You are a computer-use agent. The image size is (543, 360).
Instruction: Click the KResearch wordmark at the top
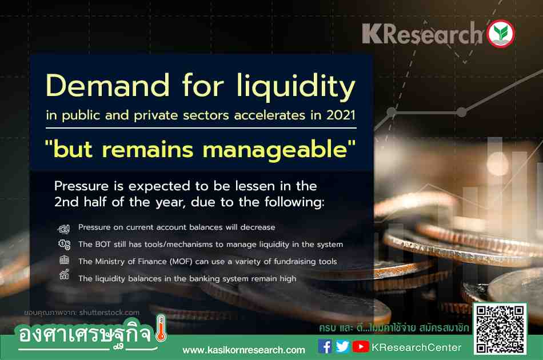click(422, 34)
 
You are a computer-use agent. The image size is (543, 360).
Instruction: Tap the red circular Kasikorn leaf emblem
click(500, 33)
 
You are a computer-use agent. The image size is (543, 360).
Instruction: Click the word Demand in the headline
click(107, 85)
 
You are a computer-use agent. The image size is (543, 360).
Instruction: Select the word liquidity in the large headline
click(296, 87)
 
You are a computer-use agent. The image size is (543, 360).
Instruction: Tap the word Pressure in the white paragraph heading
click(81, 186)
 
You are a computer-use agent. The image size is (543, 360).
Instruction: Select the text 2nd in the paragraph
click(66, 202)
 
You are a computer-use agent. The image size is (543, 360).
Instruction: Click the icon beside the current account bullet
click(63, 228)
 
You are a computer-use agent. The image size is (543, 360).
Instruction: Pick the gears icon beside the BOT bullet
click(65, 245)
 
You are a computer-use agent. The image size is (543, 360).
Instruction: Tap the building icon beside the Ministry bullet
click(64, 259)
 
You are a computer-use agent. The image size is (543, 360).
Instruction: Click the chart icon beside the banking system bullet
click(65, 274)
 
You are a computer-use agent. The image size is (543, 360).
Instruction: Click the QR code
click(500, 329)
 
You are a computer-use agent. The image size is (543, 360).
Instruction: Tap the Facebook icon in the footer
click(325, 346)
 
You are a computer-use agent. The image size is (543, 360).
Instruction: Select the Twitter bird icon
click(342, 346)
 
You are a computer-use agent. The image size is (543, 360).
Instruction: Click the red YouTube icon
click(361, 346)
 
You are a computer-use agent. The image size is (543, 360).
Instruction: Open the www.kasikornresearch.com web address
click(244, 350)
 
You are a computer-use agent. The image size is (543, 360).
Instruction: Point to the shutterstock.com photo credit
click(109, 313)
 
